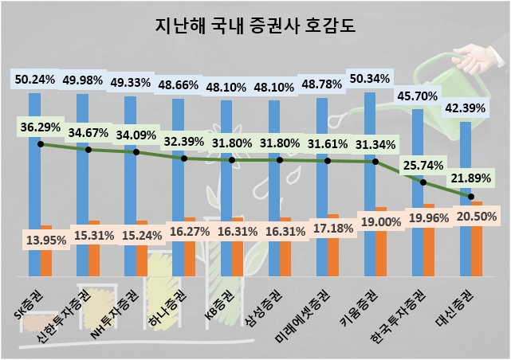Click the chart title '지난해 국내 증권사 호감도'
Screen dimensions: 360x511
click(x=255, y=25)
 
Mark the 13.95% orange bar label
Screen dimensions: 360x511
click(x=45, y=239)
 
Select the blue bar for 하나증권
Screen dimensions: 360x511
click(x=178, y=159)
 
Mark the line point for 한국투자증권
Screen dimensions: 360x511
click(x=423, y=183)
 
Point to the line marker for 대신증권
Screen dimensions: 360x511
click(x=471, y=197)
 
